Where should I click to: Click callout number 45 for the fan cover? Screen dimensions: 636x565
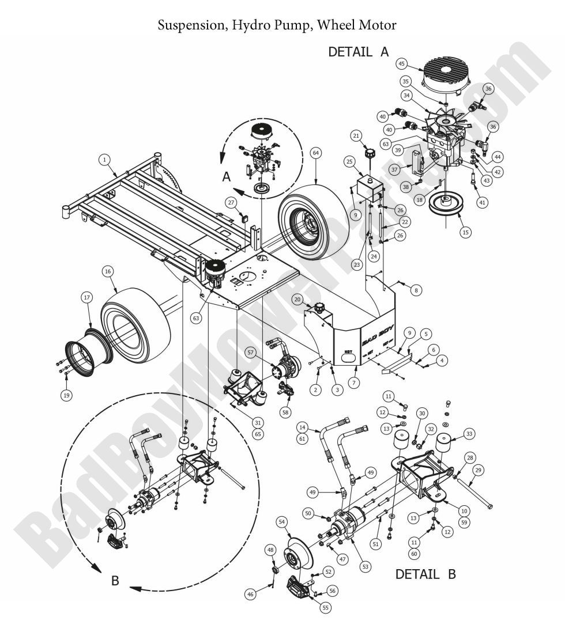[402, 63]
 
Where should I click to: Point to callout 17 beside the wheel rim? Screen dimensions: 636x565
[86, 298]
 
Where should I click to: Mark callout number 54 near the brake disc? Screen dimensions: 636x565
[282, 522]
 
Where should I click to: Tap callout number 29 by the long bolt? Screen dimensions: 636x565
[478, 470]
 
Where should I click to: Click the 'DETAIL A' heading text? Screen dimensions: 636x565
[358, 52]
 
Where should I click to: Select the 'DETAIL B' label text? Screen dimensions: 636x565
[425, 574]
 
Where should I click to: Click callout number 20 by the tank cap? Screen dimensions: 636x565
[297, 299]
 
